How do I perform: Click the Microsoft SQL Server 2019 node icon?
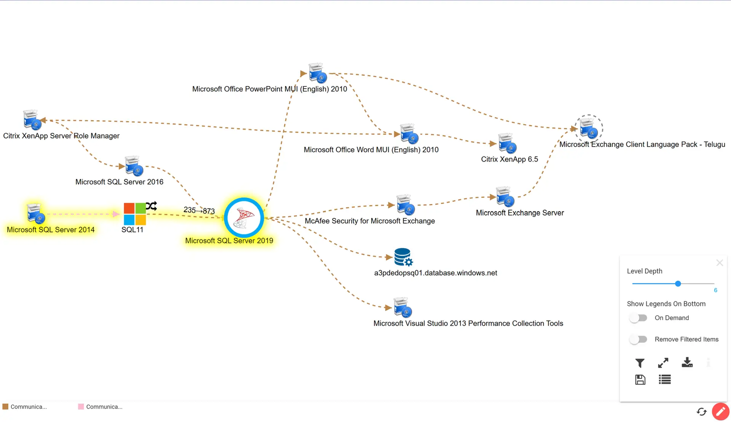[244, 218]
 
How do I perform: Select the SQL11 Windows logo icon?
[135, 214]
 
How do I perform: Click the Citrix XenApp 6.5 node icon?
[507, 143]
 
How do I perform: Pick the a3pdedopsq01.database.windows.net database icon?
[403, 257]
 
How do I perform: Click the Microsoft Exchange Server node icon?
[505, 197]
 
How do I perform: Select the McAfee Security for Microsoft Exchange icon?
[405, 205]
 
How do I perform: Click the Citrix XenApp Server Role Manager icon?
[32, 120]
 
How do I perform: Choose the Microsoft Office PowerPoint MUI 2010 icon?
[318, 73]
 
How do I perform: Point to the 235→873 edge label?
[199, 210]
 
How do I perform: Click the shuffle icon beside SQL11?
[151, 206]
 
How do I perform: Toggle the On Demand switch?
[638, 318]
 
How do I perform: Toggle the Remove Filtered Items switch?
[638, 339]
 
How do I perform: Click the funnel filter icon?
[640, 363]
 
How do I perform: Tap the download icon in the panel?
[687, 362]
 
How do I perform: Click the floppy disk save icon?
[640, 379]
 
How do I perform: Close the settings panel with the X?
[719, 263]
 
